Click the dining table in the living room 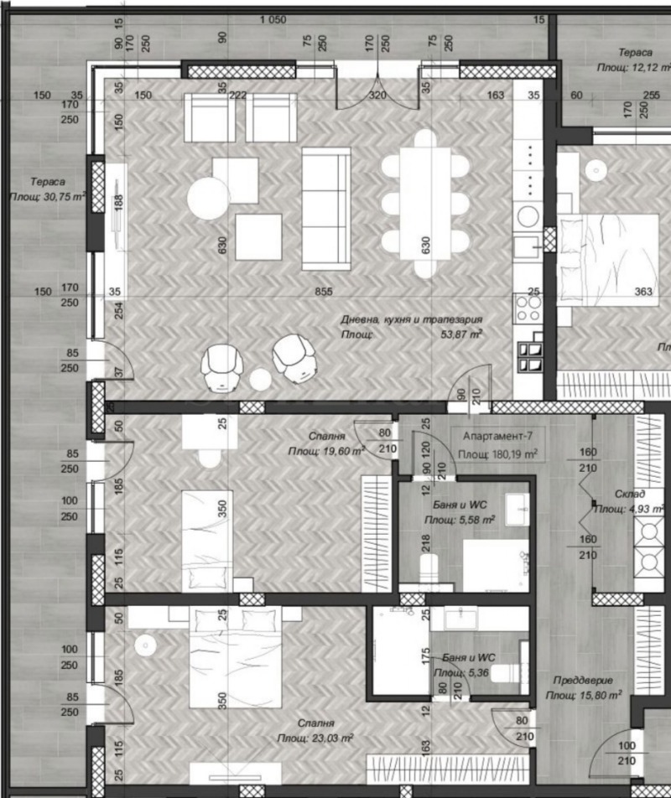coord(424,204)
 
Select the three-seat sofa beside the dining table coord(326,209)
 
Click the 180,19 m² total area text coord(497,454)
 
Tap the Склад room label coord(628,494)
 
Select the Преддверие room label coord(583,681)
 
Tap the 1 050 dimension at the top coord(273,20)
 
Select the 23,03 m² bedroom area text coord(315,738)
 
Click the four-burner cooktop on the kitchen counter coord(528,307)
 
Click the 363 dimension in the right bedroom coord(642,292)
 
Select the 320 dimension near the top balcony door coord(377,95)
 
